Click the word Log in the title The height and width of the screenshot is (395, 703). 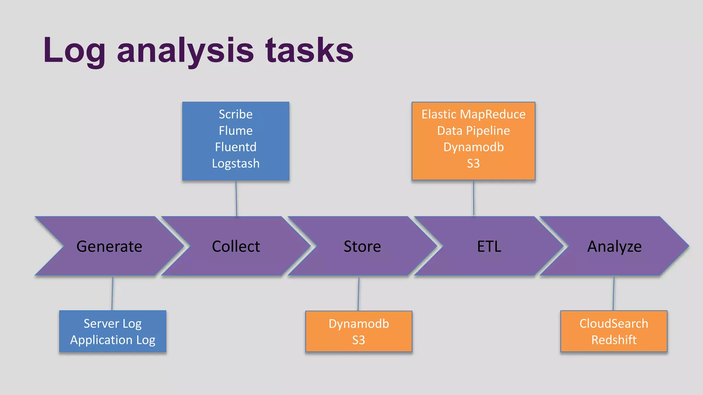tap(74, 51)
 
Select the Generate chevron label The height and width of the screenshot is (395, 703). tap(109, 247)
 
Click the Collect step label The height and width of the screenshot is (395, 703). tap(236, 247)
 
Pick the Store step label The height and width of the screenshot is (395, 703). tap(362, 247)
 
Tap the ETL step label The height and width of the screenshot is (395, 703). tap(489, 247)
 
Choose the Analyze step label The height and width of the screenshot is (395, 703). tap(614, 247)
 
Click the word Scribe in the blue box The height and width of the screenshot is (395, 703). tap(235, 114)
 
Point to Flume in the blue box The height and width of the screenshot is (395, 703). tap(235, 131)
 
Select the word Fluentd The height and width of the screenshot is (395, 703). tap(235, 147)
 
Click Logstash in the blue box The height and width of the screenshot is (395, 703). tap(235, 164)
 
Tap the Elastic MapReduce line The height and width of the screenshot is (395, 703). tap(473, 114)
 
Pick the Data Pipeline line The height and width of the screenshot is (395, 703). tap(473, 131)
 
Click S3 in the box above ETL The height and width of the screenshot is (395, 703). tap(473, 164)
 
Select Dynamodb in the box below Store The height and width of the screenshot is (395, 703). tap(359, 324)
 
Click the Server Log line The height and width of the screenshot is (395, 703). tap(113, 324)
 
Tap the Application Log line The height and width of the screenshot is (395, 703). tap(113, 340)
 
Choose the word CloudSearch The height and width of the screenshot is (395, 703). tap(614, 324)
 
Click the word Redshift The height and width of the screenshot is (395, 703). tap(614, 340)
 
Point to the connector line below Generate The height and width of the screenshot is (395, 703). tap(112, 294)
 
